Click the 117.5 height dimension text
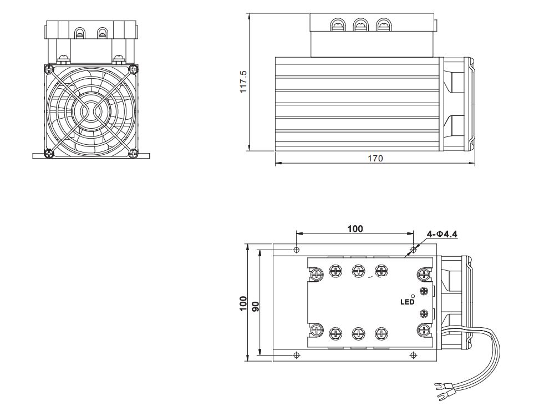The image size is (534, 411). [x=243, y=82]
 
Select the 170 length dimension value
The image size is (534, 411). [x=375, y=158]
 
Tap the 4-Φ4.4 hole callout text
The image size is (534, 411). [x=442, y=234]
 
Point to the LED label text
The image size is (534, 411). [x=408, y=302]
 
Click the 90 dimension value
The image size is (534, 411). [x=256, y=306]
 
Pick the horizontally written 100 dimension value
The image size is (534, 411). [x=355, y=229]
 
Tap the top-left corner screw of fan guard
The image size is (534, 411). [x=47, y=69]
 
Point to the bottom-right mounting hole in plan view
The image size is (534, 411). [x=411, y=354]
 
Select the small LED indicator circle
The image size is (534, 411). [x=411, y=296]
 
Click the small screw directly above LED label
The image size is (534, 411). [x=424, y=291]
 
